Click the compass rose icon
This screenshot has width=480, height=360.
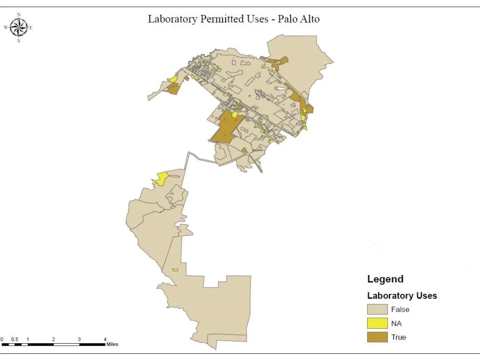click(18, 28)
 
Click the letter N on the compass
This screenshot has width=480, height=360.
click(19, 15)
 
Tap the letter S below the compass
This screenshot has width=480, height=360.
click(19, 41)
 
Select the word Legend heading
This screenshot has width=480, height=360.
click(385, 279)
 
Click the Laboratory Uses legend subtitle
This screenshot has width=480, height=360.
click(402, 296)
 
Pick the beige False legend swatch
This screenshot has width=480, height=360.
click(377, 310)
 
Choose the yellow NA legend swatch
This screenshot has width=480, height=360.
click(377, 324)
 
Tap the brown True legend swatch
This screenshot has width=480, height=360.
click(377, 337)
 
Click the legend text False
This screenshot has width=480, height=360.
click(400, 310)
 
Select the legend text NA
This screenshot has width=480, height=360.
click(396, 324)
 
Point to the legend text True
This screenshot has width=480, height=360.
click(398, 337)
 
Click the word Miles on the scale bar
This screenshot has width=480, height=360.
click(112, 344)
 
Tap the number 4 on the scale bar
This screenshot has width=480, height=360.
click(105, 339)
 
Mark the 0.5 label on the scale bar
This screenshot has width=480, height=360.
click(15, 339)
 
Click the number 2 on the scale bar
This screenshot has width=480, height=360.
click(53, 339)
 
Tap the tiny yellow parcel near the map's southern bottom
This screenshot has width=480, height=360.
click(175, 270)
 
